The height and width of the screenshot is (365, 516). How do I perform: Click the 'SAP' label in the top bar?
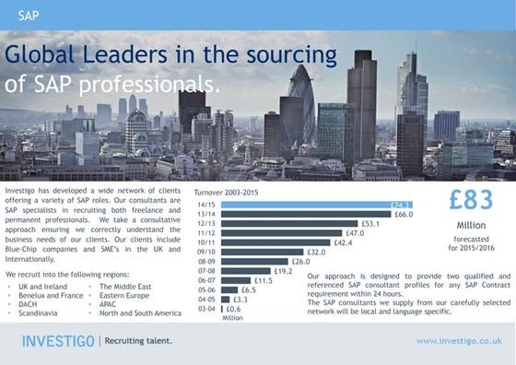pos(29,16)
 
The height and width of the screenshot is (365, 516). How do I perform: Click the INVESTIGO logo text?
pos(58,342)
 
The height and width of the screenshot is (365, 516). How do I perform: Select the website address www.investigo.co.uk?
pos(458,341)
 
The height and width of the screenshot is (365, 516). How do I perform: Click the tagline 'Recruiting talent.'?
pos(138,342)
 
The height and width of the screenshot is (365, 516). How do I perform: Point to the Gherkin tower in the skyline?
pos(301,97)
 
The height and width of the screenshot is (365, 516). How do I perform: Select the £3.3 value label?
pos(240,300)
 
